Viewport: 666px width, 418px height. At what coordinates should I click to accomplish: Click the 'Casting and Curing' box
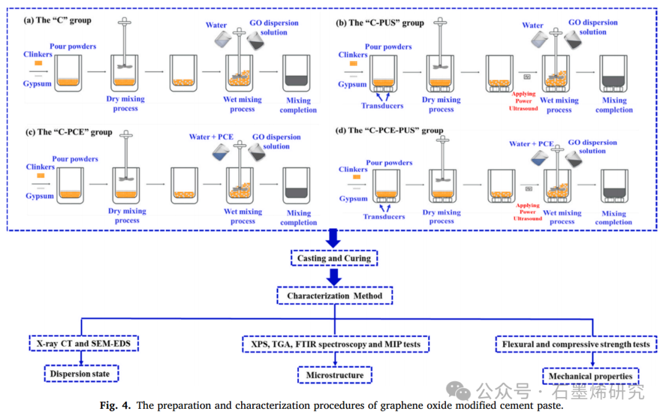point(334,258)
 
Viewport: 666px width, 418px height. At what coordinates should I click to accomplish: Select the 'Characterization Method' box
point(334,296)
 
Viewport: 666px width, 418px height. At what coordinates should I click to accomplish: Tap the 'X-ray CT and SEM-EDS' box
point(83,343)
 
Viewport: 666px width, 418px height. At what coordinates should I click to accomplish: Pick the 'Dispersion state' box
point(81,373)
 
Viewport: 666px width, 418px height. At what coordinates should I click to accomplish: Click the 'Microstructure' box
point(335,374)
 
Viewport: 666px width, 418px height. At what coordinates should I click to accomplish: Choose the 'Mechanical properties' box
point(590,376)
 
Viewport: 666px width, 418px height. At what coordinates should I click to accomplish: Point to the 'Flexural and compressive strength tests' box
point(576,344)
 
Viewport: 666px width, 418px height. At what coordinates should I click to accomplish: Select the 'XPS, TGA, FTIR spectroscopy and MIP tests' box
point(335,344)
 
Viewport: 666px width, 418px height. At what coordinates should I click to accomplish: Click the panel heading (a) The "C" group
point(57,20)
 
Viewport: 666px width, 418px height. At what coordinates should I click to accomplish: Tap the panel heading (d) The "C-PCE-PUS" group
point(389,130)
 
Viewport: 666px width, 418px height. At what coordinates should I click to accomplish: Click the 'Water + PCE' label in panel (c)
point(212,136)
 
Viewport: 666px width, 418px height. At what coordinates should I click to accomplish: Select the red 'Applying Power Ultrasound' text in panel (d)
point(527,211)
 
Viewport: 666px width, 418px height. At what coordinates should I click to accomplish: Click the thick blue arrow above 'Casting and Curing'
point(334,238)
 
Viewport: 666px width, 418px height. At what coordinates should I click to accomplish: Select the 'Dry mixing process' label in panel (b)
point(441,104)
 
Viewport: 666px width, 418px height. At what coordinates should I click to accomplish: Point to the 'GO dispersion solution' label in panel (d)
point(592,146)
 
